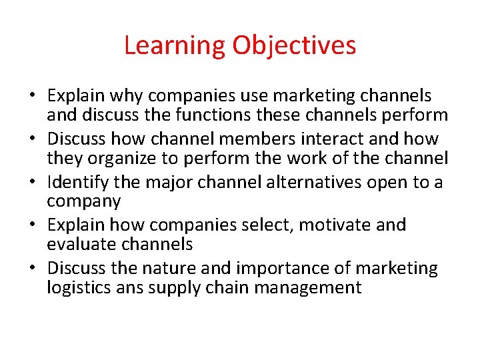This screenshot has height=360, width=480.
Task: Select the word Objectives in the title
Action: [294, 45]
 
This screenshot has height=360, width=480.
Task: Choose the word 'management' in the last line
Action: [314, 288]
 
